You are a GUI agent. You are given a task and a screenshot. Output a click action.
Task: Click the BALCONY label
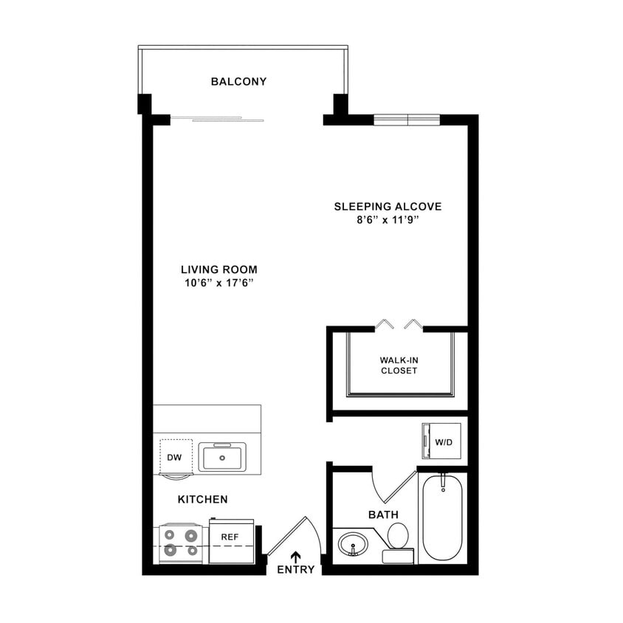[238, 81]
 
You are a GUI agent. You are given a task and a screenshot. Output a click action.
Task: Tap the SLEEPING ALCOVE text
[388, 207]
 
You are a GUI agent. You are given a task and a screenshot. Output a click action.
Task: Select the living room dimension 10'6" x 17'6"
[219, 283]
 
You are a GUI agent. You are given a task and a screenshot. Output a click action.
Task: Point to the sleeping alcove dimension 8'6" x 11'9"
[388, 220]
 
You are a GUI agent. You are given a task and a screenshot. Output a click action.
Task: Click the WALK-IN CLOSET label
[399, 365]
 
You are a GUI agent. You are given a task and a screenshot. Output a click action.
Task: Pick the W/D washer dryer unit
[441, 441]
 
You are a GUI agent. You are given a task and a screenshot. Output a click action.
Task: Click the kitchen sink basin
[223, 458]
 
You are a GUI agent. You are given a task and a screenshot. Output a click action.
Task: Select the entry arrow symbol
[296, 556]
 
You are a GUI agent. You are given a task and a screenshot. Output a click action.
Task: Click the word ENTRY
[296, 570]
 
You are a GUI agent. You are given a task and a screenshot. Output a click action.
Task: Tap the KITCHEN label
[203, 500]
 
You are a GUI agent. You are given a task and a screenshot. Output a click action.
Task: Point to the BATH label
[384, 514]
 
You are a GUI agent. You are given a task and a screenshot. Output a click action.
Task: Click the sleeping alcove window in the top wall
[407, 120]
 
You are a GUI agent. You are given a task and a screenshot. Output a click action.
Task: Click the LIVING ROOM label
[219, 269]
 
